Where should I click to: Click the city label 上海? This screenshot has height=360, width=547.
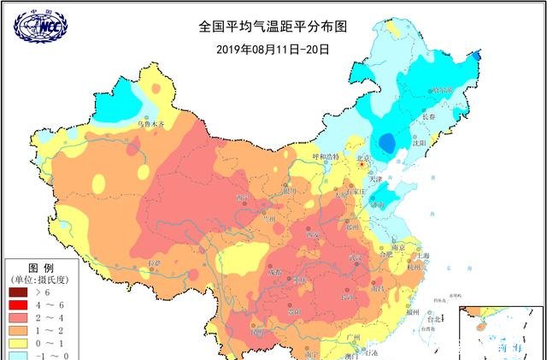420,256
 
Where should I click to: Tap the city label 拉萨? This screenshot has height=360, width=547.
154,263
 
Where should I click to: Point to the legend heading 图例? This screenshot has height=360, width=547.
41,267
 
